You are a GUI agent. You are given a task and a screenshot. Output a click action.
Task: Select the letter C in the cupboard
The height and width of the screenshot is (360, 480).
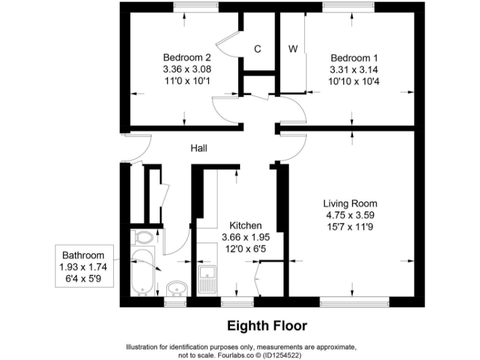coord(257,49)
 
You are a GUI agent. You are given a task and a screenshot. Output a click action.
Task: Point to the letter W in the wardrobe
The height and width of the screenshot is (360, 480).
coord(292,49)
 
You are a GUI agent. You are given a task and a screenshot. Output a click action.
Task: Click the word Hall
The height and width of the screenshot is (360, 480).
coord(199,148)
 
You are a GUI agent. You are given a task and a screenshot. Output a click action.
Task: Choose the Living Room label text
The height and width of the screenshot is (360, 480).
coord(350,204)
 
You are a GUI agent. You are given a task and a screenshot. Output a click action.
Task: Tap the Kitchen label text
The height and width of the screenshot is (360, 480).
coord(245,226)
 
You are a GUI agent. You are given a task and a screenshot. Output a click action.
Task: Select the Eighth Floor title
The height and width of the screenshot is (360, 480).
coord(267,326)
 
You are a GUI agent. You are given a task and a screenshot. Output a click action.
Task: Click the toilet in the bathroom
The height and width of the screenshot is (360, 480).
coord(143,238)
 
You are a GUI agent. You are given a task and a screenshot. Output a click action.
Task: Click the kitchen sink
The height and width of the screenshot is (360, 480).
coord(207,279)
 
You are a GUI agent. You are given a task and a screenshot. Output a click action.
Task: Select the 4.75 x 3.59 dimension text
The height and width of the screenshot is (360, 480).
coord(349,215)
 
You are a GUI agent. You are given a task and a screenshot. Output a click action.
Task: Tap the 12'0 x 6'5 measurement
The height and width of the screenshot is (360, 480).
coord(245,249)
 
